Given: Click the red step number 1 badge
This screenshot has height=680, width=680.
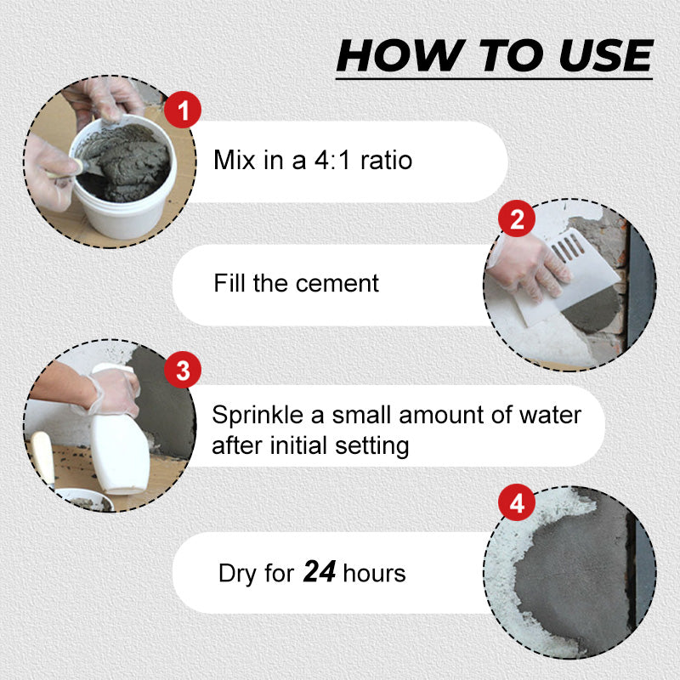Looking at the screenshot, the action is coord(183,110).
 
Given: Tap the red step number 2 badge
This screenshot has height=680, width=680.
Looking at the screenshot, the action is coord(517,218).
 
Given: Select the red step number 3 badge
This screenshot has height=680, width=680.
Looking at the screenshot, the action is coord(183,370).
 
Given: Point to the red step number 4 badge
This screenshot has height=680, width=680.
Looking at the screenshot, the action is coord(517,502).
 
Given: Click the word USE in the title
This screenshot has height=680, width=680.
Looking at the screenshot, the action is coord(606,55).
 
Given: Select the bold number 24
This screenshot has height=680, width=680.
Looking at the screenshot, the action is coord(320,571).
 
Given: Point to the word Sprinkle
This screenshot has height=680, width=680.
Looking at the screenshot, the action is coord(258,416).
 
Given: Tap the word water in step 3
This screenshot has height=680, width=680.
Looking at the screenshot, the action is coord(550,416).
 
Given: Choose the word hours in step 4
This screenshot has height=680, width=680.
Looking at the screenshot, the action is coord(374,573).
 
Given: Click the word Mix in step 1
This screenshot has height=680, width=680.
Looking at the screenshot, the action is coord(235,160).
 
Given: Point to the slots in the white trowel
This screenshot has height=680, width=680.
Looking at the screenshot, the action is coord(568,247).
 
